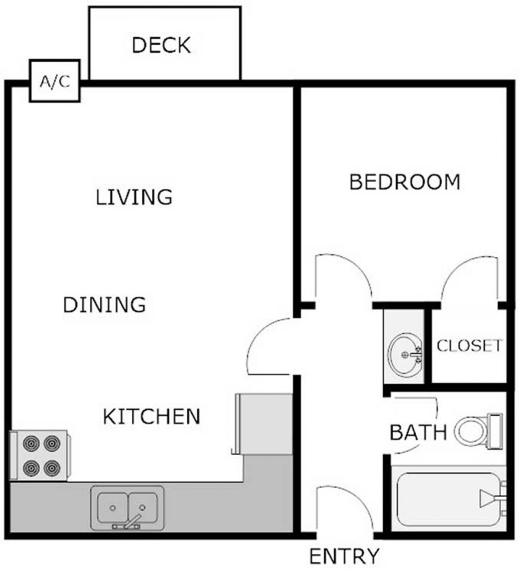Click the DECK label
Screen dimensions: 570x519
click(161, 45)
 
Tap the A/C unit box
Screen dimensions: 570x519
click(56, 83)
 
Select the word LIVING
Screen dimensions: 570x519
click(134, 196)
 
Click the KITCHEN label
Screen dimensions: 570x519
click(151, 416)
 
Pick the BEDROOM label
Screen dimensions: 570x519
click(405, 182)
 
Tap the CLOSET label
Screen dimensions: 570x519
click(469, 345)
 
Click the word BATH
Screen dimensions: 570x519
click(418, 432)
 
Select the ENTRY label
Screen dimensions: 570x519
click(343, 555)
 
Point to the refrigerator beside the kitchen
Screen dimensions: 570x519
click(262, 422)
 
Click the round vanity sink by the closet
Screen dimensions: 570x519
click(405, 354)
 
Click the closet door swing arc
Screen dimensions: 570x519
click(471, 278)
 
